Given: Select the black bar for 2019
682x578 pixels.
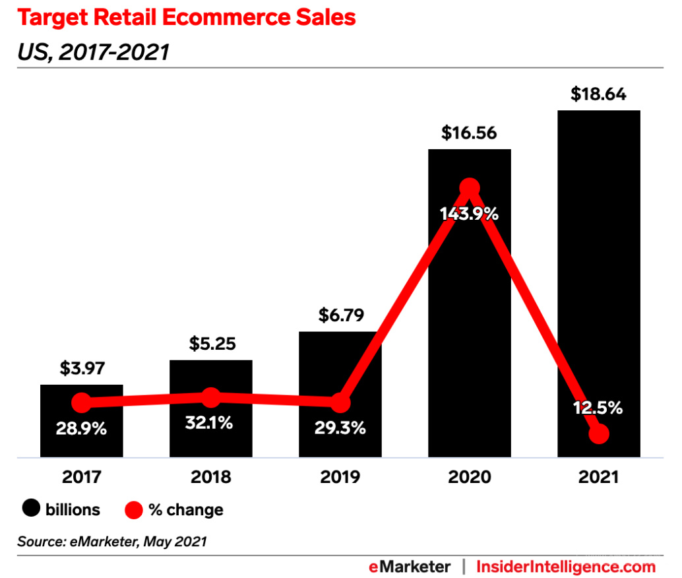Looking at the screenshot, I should click(340, 369).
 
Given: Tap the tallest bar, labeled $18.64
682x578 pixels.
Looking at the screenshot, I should click(599, 264).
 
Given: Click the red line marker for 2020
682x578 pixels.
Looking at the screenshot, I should click(469, 188).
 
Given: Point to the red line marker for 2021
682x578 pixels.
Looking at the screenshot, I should click(599, 434).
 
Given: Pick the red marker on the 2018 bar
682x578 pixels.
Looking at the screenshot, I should click(210, 397).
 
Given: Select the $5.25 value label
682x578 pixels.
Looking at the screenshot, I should click(210, 344).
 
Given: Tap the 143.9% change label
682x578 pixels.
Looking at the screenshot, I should click(469, 214).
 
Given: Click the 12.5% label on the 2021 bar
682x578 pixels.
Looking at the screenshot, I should click(598, 408).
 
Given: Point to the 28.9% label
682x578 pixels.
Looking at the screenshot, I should click(81, 429).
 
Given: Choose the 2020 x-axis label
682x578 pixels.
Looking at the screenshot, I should click(469, 476).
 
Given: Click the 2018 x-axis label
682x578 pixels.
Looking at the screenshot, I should click(210, 476).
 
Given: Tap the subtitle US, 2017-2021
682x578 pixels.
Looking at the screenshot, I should click(93, 51).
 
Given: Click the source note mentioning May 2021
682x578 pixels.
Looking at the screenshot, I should click(112, 542).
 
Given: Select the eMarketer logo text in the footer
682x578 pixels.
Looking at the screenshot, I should click(410, 566).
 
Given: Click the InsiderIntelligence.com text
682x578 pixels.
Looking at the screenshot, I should click(565, 566).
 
